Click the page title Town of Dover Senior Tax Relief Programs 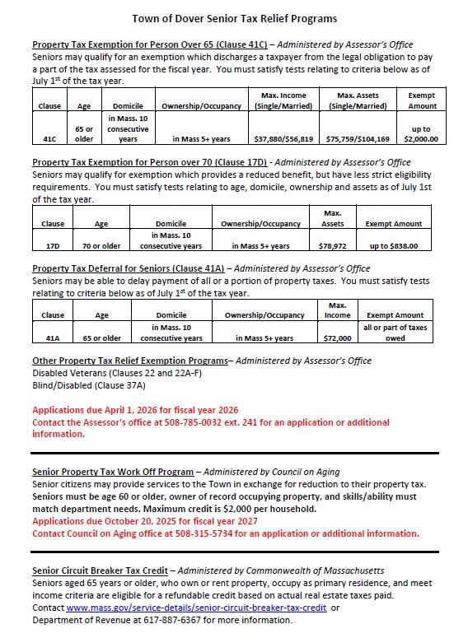click(x=234, y=18)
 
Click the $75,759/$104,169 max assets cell click(x=358, y=139)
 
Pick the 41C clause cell click(x=49, y=139)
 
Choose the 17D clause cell click(x=53, y=245)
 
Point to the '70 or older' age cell click(x=101, y=245)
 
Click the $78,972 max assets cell click(x=332, y=245)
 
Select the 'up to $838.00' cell click(x=394, y=245)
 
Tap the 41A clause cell click(x=53, y=338)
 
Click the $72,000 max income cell click(x=337, y=338)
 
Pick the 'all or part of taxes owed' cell click(x=395, y=333)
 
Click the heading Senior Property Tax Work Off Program click(x=112, y=472)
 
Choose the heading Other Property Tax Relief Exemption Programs click(x=129, y=361)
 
